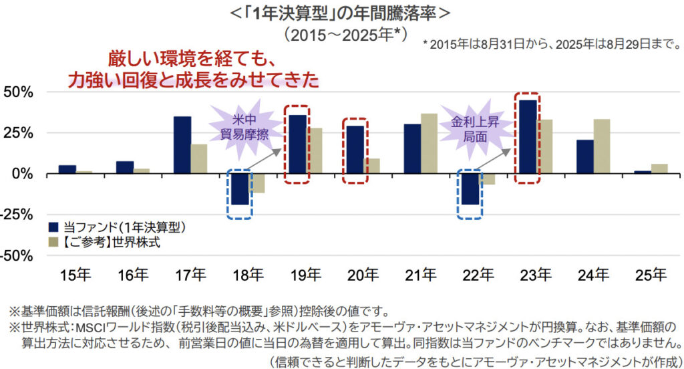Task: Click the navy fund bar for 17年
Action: pyautogui.click(x=182, y=145)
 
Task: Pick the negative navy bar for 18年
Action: pyautogui.click(x=240, y=189)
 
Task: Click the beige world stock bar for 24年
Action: pyautogui.click(x=601, y=146)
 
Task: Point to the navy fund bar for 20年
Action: pyautogui.click(x=355, y=150)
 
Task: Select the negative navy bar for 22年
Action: pyautogui.click(x=470, y=189)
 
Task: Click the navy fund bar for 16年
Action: pyautogui.click(x=125, y=167)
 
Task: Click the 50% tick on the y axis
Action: pyautogui.click(x=18, y=92)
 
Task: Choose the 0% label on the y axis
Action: pyautogui.click(x=23, y=174)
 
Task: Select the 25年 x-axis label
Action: pyautogui.click(x=651, y=274)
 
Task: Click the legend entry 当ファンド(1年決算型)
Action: pyautogui.click(x=117, y=227)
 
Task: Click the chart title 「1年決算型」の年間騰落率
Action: pyautogui.click(x=341, y=13)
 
